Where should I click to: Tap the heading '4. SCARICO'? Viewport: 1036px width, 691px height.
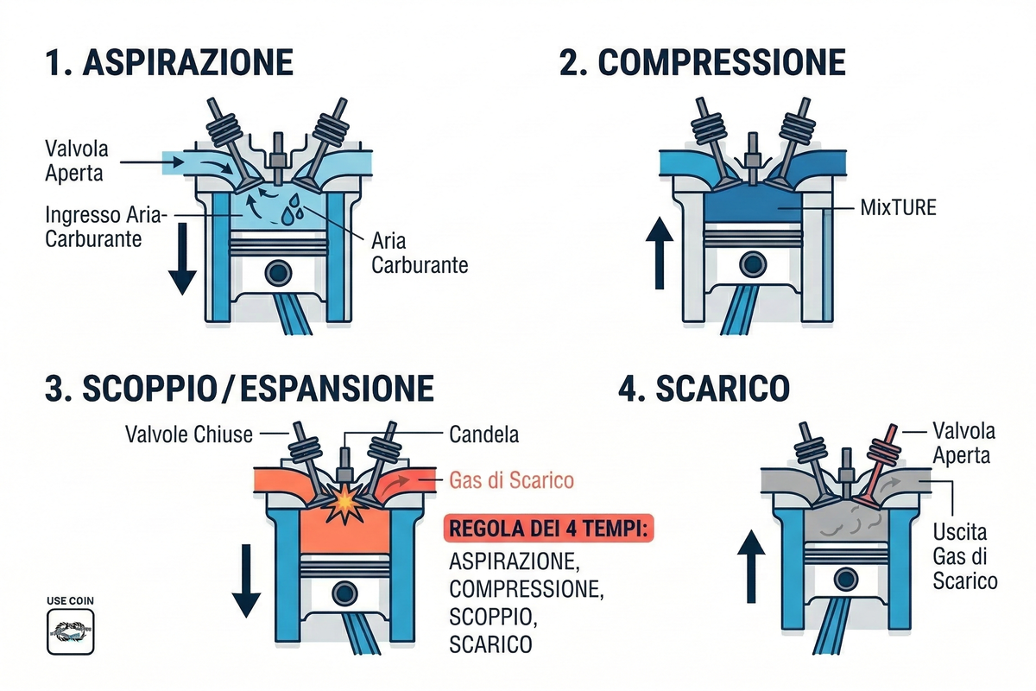(x=704, y=390)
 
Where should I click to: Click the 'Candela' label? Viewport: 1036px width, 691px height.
(x=484, y=434)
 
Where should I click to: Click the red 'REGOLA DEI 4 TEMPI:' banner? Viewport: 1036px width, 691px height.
(x=550, y=528)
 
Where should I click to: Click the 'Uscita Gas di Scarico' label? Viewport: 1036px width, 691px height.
(x=965, y=556)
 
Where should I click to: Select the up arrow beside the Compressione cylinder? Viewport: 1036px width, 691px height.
(x=660, y=256)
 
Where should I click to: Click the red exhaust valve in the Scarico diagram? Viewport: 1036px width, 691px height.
(x=880, y=457)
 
